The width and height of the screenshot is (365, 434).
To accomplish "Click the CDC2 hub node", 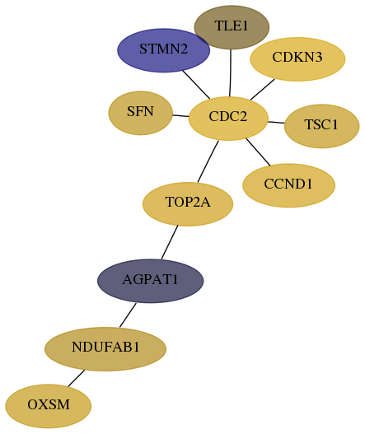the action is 228,119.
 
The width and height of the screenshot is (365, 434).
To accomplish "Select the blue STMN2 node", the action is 163,50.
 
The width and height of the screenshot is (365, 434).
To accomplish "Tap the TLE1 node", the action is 232,27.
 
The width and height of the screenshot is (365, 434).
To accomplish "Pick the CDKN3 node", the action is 297,59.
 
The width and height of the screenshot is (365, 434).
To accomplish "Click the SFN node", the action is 140,113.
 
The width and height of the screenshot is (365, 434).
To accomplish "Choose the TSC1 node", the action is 322,126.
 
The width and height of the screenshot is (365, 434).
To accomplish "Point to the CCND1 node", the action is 289,185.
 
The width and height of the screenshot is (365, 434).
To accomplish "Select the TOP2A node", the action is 188,204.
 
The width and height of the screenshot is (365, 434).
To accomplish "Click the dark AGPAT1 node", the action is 151,281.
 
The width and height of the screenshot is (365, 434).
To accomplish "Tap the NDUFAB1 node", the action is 105,349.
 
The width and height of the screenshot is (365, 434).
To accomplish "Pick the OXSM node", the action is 48,406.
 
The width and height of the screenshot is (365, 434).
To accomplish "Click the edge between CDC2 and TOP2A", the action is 208,161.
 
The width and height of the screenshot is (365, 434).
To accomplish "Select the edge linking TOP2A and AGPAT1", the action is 170,242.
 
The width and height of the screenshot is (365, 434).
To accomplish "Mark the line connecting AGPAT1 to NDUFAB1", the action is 128,315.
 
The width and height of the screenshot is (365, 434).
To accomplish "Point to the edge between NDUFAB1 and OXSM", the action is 76,378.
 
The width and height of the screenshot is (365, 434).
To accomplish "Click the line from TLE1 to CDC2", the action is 231,73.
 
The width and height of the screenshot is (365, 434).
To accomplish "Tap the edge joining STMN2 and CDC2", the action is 196,85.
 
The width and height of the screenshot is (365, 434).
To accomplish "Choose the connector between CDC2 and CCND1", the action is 258,152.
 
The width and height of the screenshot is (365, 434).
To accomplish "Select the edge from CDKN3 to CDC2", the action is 263,90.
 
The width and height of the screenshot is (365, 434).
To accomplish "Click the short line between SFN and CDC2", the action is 180,115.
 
